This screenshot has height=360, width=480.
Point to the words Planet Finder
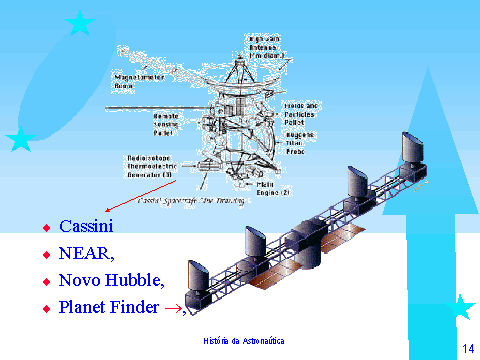109,308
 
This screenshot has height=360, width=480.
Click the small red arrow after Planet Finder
173,310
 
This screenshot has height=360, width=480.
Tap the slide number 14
466,346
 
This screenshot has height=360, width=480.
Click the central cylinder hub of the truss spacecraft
300,242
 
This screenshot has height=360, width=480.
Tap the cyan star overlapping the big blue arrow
461,307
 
